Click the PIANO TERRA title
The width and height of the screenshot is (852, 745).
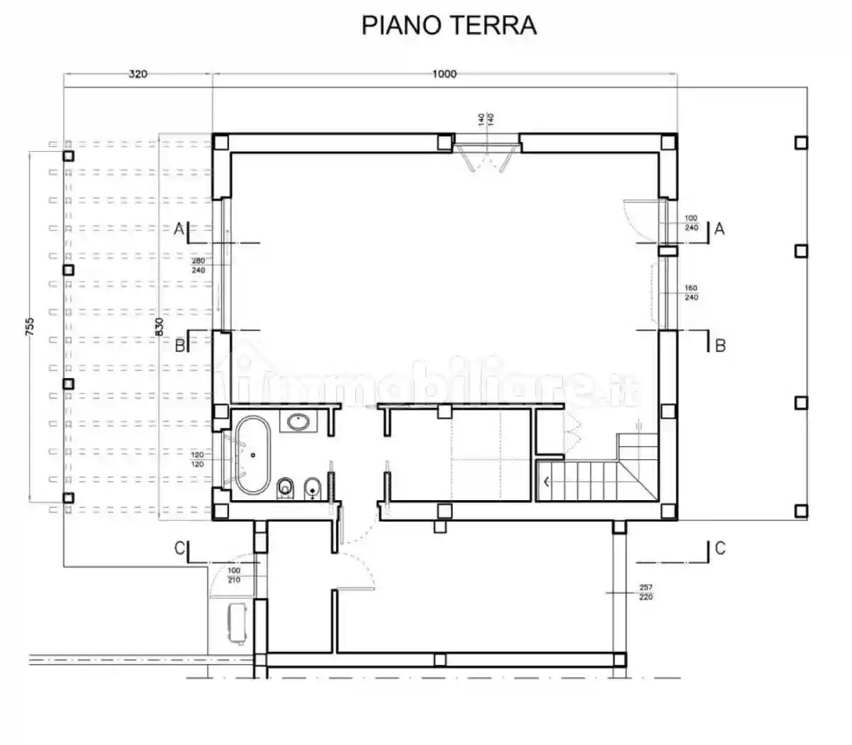tap(449, 25)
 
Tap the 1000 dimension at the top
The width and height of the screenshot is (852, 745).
tap(444, 74)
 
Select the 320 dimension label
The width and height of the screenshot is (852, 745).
tap(138, 74)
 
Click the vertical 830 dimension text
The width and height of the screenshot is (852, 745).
tap(159, 326)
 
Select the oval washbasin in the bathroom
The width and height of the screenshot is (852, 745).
tap(299, 423)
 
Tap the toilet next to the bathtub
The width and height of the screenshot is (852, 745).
tap(286, 489)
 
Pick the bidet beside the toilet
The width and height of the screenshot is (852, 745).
tap(313, 489)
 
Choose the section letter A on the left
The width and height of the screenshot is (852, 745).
tap(179, 228)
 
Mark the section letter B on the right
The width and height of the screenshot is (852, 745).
tap(720, 346)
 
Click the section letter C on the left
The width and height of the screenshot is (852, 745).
tap(179, 548)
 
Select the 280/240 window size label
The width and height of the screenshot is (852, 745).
tap(198, 265)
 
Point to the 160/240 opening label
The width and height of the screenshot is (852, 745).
tap(691, 293)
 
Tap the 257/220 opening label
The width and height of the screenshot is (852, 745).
tap(645, 592)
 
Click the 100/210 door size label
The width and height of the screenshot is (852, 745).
tap(234, 575)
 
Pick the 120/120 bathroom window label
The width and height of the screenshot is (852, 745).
tap(197, 459)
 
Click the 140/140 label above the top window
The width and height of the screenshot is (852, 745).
tap(485, 119)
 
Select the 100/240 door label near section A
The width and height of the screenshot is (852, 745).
tap(691, 223)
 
